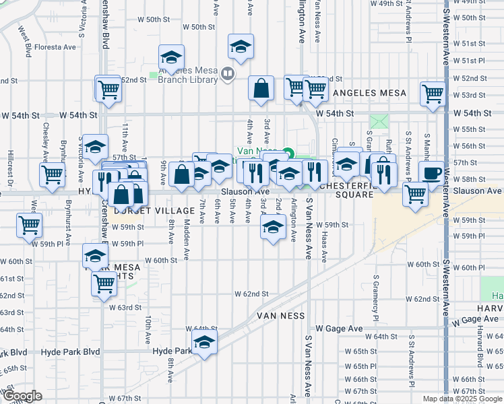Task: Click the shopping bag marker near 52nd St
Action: (261, 88)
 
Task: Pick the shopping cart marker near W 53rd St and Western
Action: (432, 94)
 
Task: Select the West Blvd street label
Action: (25, 42)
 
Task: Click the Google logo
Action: (22, 396)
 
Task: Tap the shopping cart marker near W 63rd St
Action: (104, 285)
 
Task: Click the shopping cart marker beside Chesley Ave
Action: (52, 174)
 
